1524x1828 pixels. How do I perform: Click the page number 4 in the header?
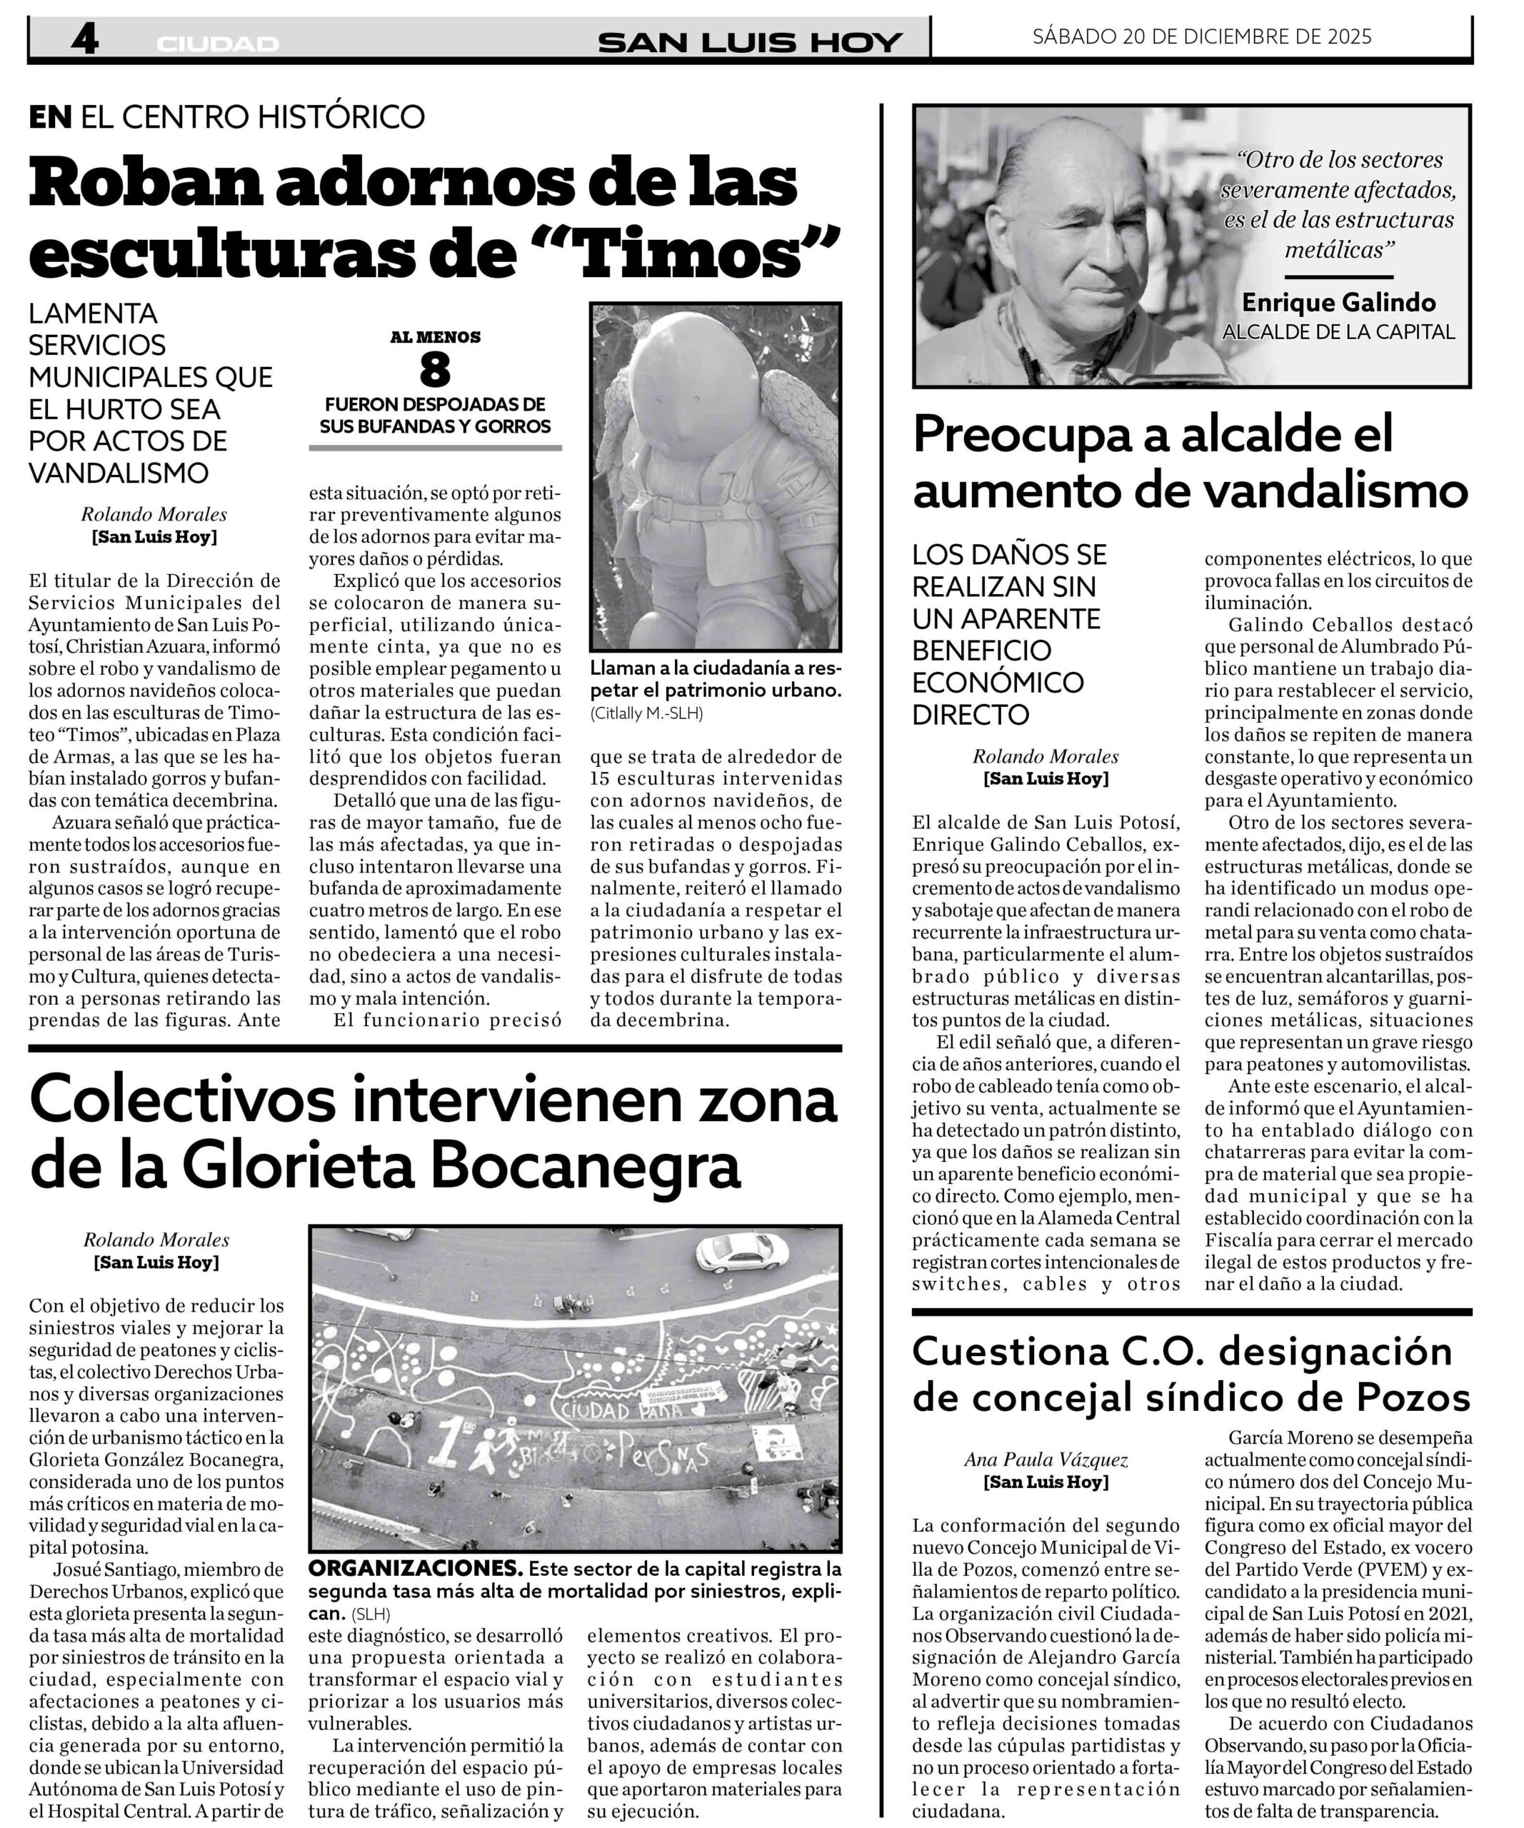tap(84, 39)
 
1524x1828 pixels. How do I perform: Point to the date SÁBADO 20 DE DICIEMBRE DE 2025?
tap(1202, 36)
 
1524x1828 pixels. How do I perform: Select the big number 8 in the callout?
tap(434, 371)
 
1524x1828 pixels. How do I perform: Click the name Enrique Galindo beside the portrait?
tap(1338, 302)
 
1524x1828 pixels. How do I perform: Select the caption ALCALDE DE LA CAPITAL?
tap(1338, 331)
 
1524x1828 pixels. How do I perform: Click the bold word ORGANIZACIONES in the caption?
tap(415, 1570)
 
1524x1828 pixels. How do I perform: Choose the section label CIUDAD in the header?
tap(218, 44)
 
